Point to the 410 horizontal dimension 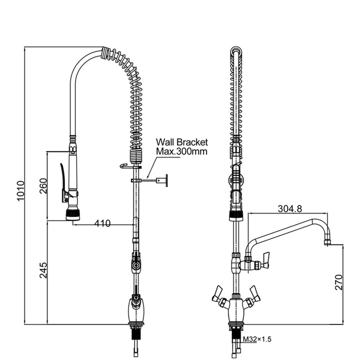pos(102,223)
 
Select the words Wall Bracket pos(181,142)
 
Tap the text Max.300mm pos(181,151)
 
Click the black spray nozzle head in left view pos(73,214)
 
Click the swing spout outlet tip pos(327,242)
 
